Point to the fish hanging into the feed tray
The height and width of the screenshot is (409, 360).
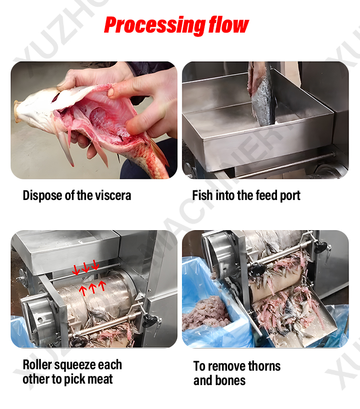[x=261, y=94]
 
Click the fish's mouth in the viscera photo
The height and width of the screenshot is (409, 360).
[x=17, y=111]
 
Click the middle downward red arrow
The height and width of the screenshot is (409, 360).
[x=85, y=267]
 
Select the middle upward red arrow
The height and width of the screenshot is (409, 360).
[x=93, y=288]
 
